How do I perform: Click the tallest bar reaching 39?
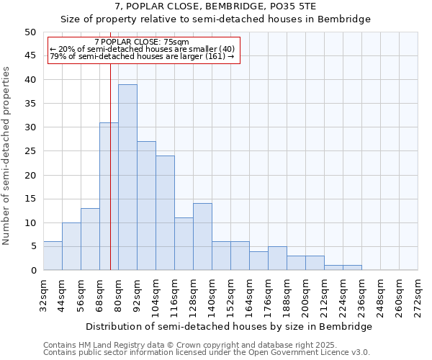click(x=127, y=177)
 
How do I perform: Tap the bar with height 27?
click(x=146, y=206)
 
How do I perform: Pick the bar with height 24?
click(x=165, y=213)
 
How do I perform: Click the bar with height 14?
click(x=202, y=237)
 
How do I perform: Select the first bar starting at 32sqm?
click(x=53, y=256)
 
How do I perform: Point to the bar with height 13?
click(x=90, y=239)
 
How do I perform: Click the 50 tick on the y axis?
click(x=30, y=32)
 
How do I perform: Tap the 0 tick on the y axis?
click(x=33, y=271)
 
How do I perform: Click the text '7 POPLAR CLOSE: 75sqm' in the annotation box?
click(x=142, y=42)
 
